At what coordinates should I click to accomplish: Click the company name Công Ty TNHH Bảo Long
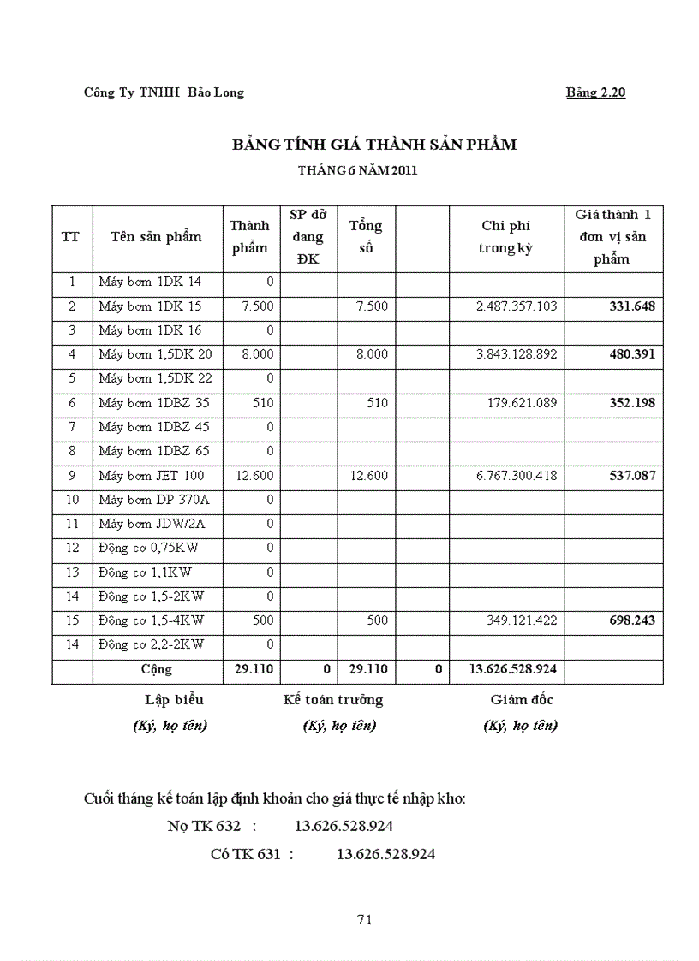pos(164,92)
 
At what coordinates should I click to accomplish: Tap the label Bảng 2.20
pos(595,92)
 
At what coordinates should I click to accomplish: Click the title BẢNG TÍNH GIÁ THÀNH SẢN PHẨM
pos(374,145)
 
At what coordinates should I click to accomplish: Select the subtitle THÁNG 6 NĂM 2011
pos(357,170)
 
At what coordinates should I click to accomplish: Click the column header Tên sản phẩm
pos(156,237)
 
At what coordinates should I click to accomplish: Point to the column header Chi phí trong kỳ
pos(505,237)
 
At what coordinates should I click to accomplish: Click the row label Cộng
pos(156,669)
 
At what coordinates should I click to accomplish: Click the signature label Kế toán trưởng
pos(333,700)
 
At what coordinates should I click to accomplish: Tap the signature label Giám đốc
pos(522,700)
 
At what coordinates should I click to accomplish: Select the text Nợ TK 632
pos(204,827)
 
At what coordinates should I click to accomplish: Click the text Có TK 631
pos(245,854)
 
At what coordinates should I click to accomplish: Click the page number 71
pos(364,920)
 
